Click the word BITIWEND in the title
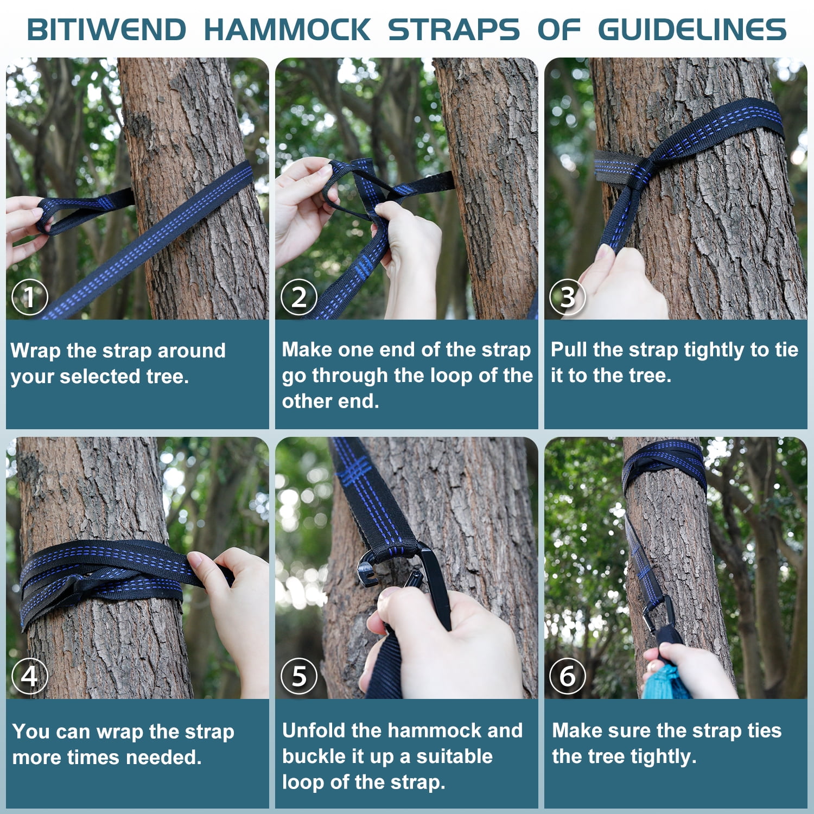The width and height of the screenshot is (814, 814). [106, 30]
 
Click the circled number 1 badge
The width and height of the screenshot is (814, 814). [30, 297]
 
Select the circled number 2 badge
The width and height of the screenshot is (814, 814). [299, 297]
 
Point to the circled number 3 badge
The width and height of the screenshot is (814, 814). [567, 297]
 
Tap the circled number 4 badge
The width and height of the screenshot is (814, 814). [30, 676]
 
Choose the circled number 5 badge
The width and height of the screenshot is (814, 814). [299, 676]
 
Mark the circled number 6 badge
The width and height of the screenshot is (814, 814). [567, 676]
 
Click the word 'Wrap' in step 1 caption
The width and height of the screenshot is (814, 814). [35, 351]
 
